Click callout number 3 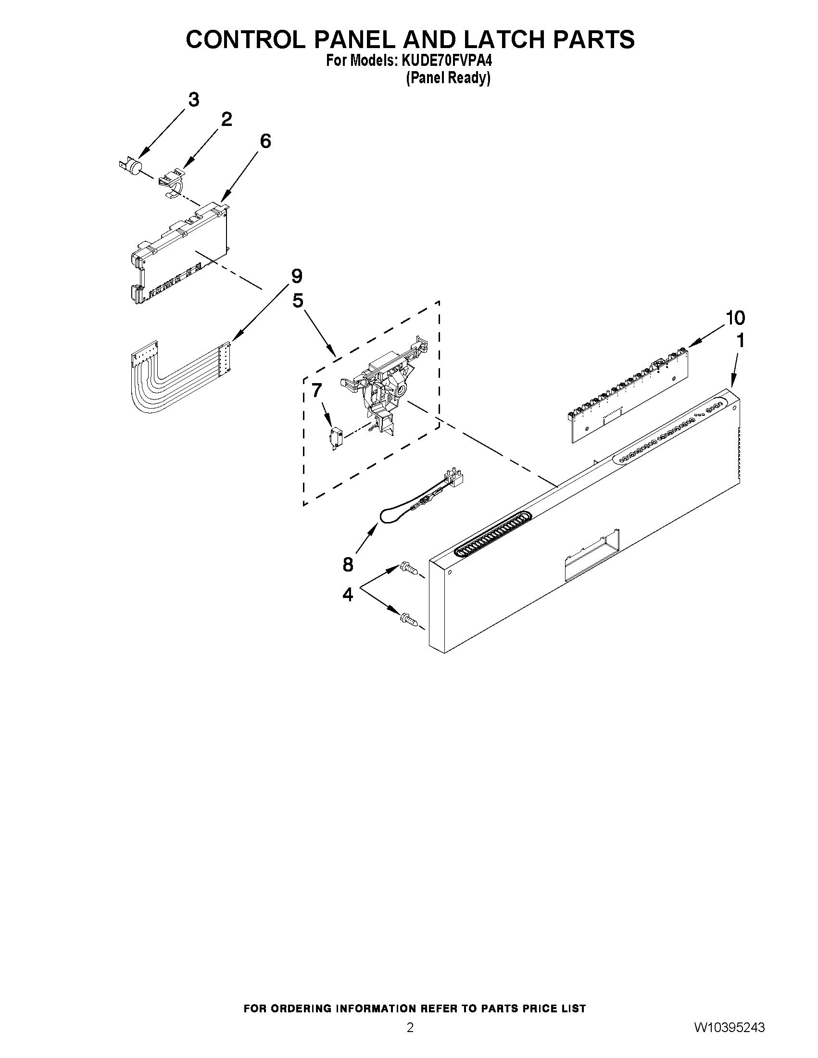(x=193, y=100)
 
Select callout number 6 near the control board (x=265, y=141)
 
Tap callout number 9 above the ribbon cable (x=297, y=276)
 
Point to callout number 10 (x=735, y=318)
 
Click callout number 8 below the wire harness (x=348, y=564)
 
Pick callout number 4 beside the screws (x=348, y=594)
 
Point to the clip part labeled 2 (x=171, y=182)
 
